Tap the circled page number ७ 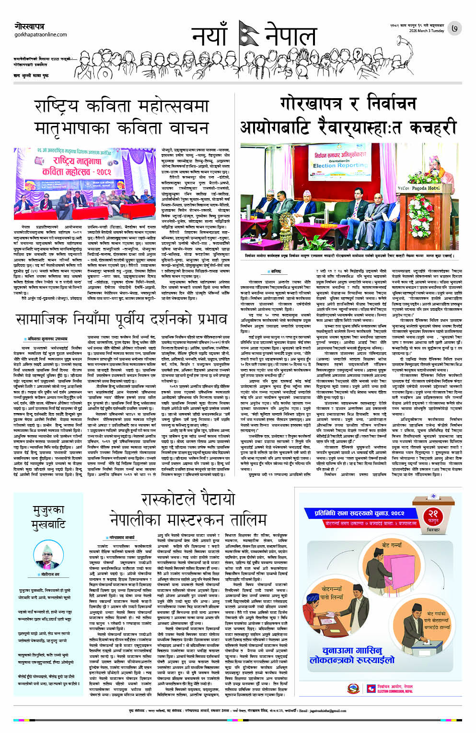click(x=454, y=28)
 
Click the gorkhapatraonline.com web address click(x=40, y=34)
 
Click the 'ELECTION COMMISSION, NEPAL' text click(x=395, y=691)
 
